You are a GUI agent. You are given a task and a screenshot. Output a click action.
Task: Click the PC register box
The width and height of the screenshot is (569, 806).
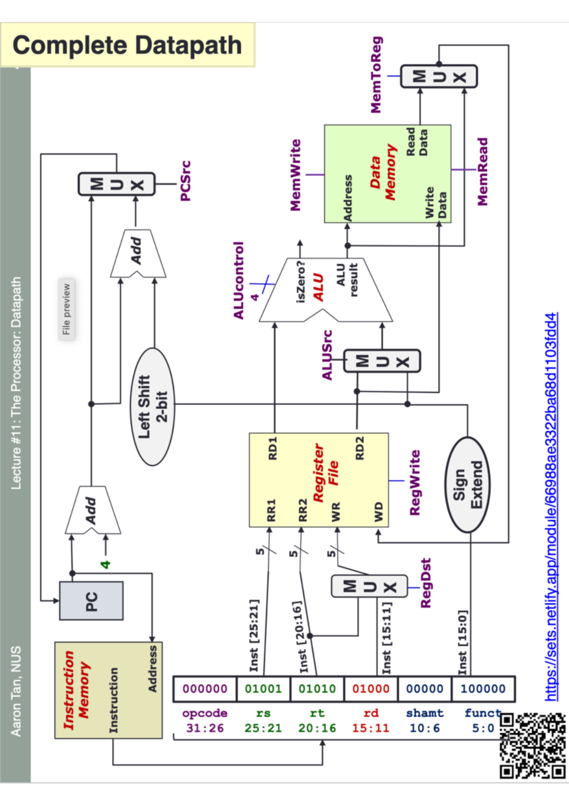tap(91, 600)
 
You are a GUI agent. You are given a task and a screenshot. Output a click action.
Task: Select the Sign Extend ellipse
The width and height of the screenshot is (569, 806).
tap(468, 485)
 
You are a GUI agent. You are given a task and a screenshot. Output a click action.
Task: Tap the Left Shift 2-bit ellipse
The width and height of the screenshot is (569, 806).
tap(152, 407)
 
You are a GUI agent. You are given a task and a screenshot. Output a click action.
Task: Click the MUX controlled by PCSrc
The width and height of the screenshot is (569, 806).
tap(117, 184)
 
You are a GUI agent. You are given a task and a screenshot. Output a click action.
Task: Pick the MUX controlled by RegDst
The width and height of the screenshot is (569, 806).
tap(369, 587)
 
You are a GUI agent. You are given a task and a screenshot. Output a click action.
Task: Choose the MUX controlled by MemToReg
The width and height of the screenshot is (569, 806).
tap(439, 76)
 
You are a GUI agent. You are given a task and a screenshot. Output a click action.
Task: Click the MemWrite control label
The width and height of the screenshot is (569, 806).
tap(295, 175)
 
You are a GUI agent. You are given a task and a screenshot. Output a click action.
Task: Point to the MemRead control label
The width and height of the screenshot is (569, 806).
tap(482, 172)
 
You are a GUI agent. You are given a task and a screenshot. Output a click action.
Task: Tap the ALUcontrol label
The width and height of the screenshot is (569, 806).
tap(239, 281)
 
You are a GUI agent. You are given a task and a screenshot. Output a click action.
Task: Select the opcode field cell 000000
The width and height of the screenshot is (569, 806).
tap(205, 689)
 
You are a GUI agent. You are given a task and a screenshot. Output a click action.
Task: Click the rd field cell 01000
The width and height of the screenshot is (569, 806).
tap(371, 689)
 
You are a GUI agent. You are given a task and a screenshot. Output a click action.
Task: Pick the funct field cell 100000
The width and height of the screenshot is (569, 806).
tap(483, 689)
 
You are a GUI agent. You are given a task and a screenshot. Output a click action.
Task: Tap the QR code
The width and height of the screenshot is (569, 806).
tap(532, 745)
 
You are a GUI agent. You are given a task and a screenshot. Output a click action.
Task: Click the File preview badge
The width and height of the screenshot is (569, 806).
tap(66, 309)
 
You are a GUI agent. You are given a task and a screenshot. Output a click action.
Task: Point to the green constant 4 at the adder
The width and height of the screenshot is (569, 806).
tap(105, 564)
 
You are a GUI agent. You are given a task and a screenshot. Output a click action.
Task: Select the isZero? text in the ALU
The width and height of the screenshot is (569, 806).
tap(301, 282)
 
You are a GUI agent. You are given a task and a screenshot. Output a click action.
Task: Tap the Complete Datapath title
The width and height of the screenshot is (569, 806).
tap(127, 45)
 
